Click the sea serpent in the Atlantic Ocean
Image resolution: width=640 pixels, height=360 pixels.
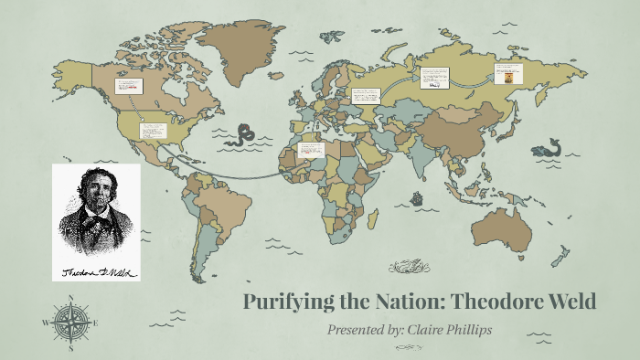pos(242,134)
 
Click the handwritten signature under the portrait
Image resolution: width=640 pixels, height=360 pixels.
pos(96,270)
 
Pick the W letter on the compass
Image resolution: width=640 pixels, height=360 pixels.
pos(46,322)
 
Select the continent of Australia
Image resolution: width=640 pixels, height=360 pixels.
pos(509,228)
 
